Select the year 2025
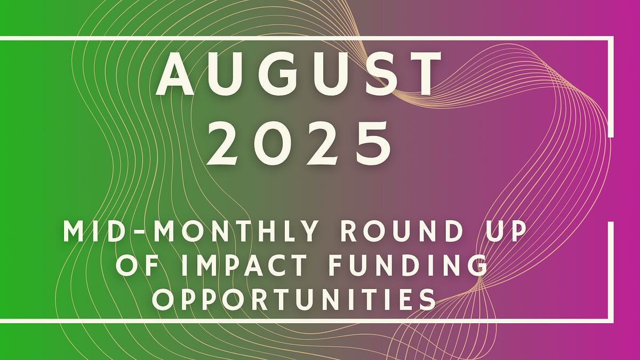point(299,143)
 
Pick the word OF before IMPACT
point(134,266)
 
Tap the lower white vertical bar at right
point(611,272)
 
